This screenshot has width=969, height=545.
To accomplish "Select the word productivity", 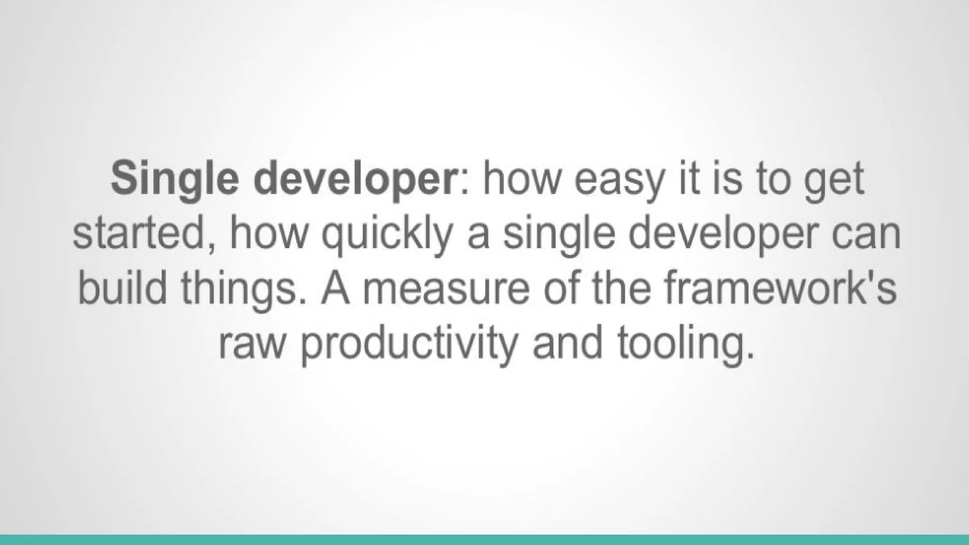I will pos(407,344).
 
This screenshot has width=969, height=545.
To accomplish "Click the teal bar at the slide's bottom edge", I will pos(484,540).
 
